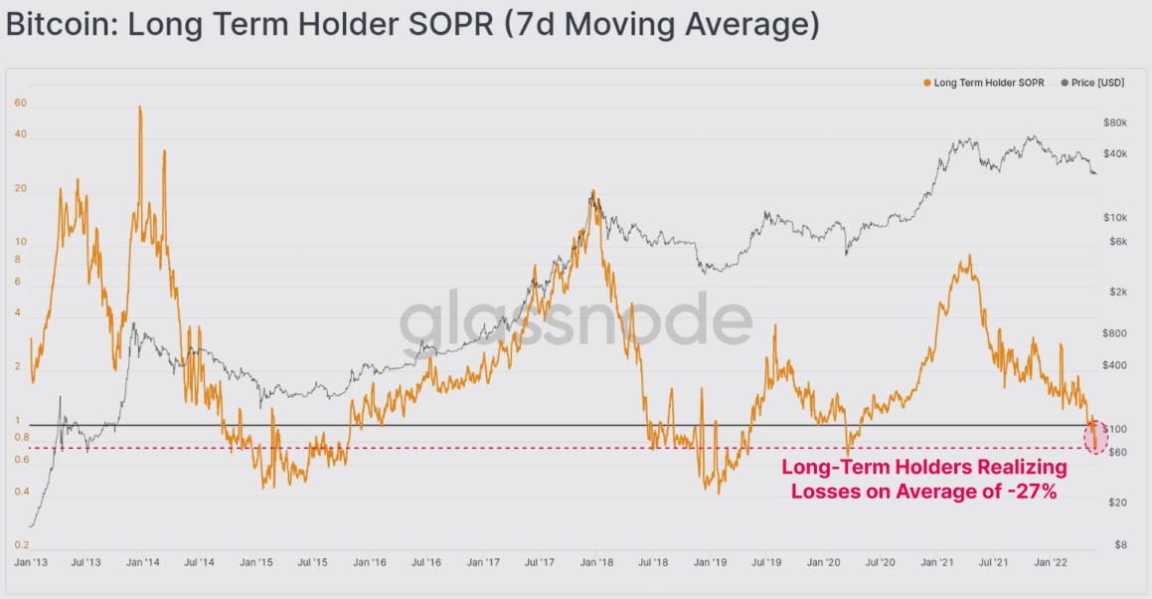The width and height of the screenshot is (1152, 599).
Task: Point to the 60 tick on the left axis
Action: tap(20, 102)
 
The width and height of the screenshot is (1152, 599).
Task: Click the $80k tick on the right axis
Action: tap(1115, 122)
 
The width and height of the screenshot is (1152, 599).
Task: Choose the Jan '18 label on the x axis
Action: tap(596, 562)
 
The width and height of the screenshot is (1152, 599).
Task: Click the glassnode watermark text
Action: tap(576, 324)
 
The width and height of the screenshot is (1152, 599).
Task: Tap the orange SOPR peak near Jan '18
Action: tap(593, 193)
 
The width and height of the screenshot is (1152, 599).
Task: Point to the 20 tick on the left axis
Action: tap(20, 189)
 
